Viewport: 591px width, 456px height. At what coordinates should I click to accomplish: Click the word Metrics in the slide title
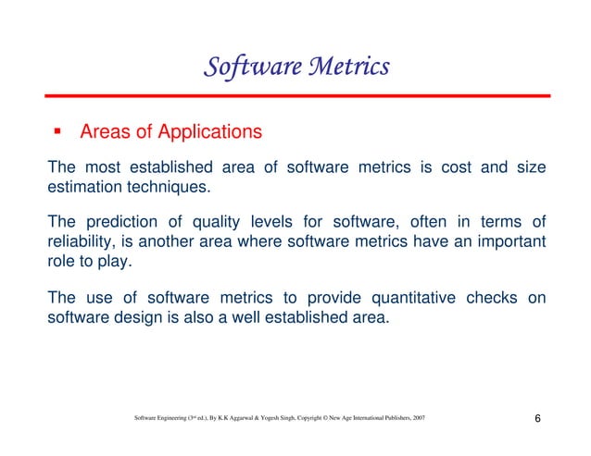point(346,68)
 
